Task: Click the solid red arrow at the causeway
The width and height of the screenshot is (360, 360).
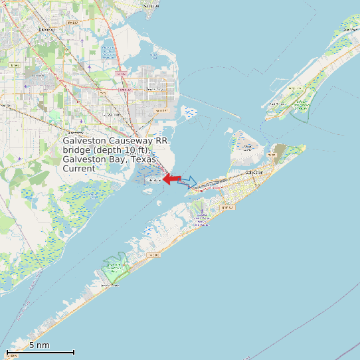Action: click(172, 179)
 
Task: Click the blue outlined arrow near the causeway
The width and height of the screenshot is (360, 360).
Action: click(188, 181)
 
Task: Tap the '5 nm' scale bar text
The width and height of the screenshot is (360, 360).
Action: click(39, 345)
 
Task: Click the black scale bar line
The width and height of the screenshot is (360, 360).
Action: click(40, 352)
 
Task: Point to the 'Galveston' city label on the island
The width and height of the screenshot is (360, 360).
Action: click(254, 172)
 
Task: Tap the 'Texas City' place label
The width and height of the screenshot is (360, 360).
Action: click(154, 89)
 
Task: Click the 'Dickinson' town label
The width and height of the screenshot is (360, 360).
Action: click(47, 29)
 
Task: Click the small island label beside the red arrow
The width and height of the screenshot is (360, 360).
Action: click(153, 180)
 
